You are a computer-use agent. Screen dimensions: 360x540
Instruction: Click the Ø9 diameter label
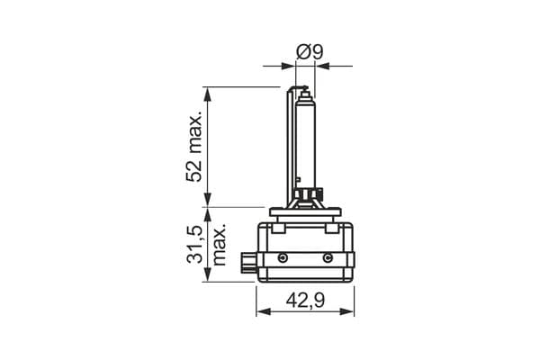point(310,51)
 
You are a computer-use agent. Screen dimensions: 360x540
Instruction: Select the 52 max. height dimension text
point(195,148)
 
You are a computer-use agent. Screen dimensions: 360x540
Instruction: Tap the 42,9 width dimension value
point(305,301)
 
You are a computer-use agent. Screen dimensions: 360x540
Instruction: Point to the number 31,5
point(194,245)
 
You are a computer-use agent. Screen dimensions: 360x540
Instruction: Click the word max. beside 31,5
point(218,245)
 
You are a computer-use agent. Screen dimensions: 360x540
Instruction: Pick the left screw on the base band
point(283,259)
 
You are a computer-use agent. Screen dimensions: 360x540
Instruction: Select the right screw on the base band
point(327,259)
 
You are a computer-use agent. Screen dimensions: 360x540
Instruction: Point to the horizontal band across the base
point(306,259)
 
